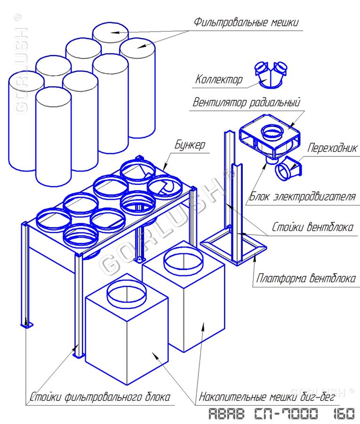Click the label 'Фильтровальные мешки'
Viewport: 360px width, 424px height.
(246, 23)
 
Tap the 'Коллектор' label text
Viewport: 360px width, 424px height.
(219, 80)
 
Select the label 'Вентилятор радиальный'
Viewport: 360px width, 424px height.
(246, 102)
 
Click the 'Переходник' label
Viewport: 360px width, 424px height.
(333, 148)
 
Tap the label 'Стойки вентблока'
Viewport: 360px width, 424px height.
(312, 228)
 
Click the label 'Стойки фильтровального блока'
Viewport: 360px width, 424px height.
(99, 397)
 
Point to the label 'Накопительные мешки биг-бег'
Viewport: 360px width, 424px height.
(267, 397)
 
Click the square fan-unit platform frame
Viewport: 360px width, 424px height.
(233, 247)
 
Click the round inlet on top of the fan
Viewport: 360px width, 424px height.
(272, 131)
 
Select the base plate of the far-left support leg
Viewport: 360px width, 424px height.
(27, 325)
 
